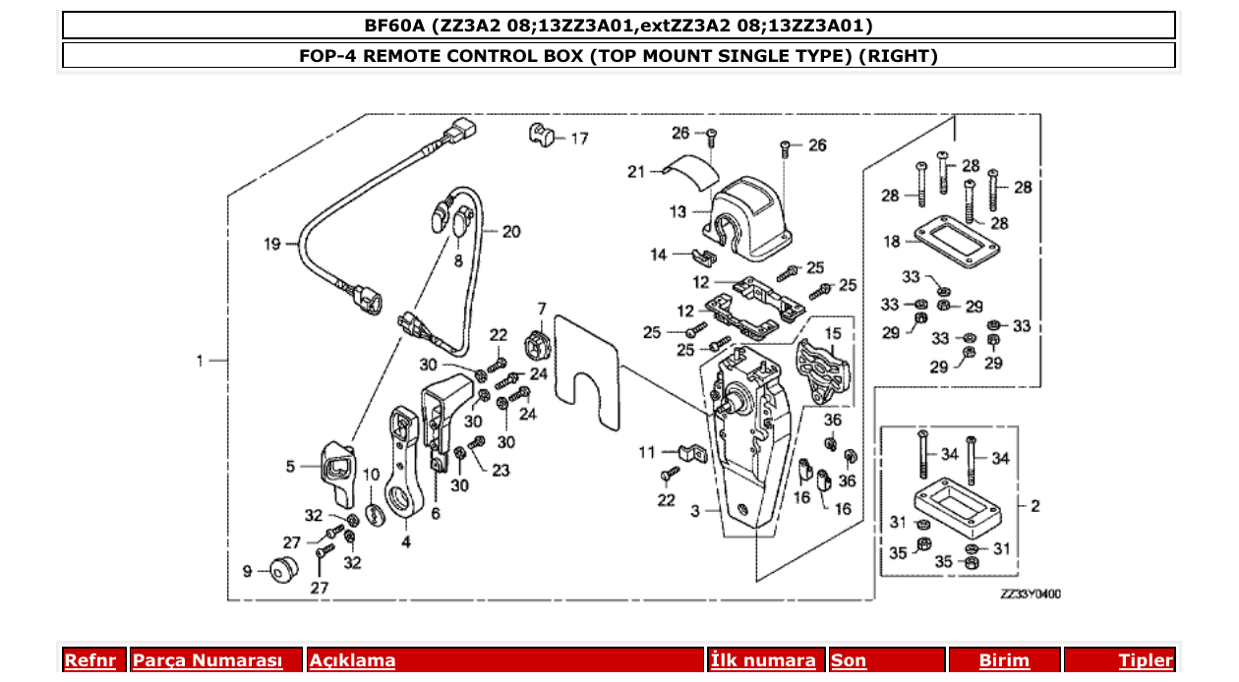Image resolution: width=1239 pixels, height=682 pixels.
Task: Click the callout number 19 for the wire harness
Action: click(272, 244)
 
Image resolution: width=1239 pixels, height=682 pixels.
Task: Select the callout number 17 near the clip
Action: click(579, 139)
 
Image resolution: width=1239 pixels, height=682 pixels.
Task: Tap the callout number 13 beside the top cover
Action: click(678, 211)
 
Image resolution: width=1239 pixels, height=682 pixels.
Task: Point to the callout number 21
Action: click(636, 172)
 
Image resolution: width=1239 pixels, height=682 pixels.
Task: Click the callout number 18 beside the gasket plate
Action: click(892, 241)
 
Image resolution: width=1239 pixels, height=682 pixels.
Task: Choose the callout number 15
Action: click(833, 334)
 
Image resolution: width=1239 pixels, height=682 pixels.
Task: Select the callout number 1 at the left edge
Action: click(200, 361)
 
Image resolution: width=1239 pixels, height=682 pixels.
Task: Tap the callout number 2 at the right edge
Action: click(1034, 506)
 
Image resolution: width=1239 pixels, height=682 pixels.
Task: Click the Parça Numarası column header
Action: click(206, 660)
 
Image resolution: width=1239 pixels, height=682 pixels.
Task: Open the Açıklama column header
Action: click(352, 660)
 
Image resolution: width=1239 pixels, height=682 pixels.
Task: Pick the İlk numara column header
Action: click(763, 660)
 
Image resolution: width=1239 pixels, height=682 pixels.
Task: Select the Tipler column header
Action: click(1146, 660)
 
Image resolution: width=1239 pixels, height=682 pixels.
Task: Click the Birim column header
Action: click(1004, 660)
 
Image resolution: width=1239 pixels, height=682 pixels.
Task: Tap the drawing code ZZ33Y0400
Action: click(1031, 594)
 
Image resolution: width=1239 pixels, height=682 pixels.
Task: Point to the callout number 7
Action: click(541, 309)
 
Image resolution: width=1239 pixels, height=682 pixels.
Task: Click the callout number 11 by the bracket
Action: click(646, 453)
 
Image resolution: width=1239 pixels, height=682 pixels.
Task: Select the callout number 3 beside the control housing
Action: click(695, 511)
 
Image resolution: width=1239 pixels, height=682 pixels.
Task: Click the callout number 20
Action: click(511, 233)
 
